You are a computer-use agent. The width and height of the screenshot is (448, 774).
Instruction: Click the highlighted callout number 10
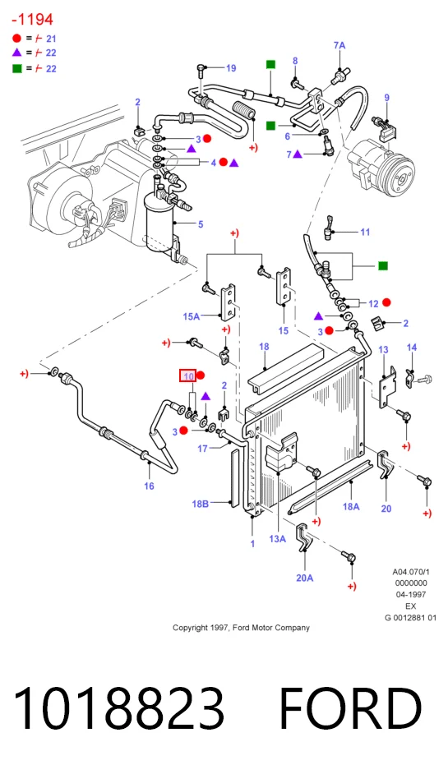coord(188,376)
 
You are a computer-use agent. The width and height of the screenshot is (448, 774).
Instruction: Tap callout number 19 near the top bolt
coord(231,68)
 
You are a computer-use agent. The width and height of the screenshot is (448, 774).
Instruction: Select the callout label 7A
coord(339,45)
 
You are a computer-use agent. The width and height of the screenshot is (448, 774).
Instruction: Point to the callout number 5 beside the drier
coord(201,224)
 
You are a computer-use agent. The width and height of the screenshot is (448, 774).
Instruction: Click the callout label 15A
coord(192,316)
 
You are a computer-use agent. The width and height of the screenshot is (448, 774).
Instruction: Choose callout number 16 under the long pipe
coord(149,486)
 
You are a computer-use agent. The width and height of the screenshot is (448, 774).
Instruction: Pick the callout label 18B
coord(200,504)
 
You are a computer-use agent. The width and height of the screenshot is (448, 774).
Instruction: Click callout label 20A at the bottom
coord(305,578)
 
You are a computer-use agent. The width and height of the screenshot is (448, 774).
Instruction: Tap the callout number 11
coord(365,232)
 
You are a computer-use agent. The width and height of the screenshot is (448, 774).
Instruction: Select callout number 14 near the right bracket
coord(412,348)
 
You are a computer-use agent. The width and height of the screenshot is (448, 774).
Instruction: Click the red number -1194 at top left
coord(32,20)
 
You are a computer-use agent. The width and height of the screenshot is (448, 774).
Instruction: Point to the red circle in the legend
coord(16,38)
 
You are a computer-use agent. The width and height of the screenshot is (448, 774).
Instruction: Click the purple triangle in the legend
coord(16,52)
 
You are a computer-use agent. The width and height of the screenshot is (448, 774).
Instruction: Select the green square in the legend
coord(17,68)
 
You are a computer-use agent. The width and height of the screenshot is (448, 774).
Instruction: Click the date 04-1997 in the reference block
coord(411,595)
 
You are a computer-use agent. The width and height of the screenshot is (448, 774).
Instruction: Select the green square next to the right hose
coord(383,266)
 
